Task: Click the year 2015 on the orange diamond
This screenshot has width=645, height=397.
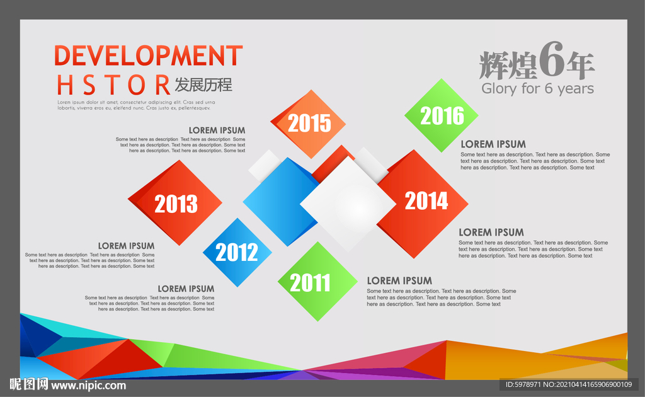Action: pos(309,123)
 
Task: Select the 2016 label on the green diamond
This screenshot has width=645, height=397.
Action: pos(442,115)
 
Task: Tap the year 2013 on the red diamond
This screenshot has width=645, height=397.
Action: pos(176,204)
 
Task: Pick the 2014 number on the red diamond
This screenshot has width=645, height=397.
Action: pos(426,201)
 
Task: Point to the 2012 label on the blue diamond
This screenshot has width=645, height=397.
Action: pos(237,252)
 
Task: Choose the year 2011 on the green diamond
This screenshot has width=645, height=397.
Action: pos(310,283)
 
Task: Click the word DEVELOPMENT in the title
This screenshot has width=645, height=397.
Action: pos(149,55)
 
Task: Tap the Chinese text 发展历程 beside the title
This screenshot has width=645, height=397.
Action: pos(203,84)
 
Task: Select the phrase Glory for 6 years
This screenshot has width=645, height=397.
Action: pos(538,89)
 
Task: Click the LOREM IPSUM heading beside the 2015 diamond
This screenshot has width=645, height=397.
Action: pos(217,130)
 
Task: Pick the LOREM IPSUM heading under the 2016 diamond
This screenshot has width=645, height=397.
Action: pos(493,144)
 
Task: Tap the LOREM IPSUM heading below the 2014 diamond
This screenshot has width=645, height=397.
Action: pos(491,233)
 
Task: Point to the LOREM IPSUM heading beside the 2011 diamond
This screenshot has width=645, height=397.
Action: pos(399,281)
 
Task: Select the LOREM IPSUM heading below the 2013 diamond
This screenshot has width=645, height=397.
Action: pos(126,246)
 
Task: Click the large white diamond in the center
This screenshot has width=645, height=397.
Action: pos(348,204)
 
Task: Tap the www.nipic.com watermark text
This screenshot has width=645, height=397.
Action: pos(88,386)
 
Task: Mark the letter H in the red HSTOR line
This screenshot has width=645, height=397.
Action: pos(66,85)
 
